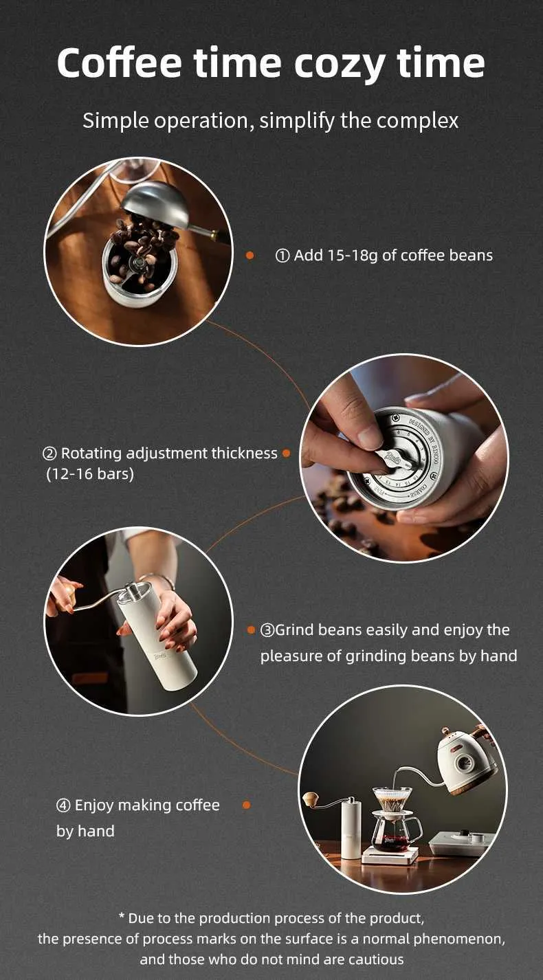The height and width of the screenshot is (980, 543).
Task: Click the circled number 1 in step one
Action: point(282,256)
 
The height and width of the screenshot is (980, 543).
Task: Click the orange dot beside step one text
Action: point(250,256)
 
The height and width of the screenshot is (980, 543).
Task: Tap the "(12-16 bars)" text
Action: point(89,474)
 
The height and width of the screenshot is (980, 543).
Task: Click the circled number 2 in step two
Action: point(49,454)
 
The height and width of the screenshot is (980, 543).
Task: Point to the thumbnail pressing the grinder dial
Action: point(371,436)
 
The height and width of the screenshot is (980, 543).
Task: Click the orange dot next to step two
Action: point(287,454)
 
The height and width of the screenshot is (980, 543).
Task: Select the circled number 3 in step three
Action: point(267,630)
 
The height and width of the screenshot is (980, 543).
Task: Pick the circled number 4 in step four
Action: point(63,805)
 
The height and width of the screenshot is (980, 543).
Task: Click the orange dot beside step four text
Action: point(246,805)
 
